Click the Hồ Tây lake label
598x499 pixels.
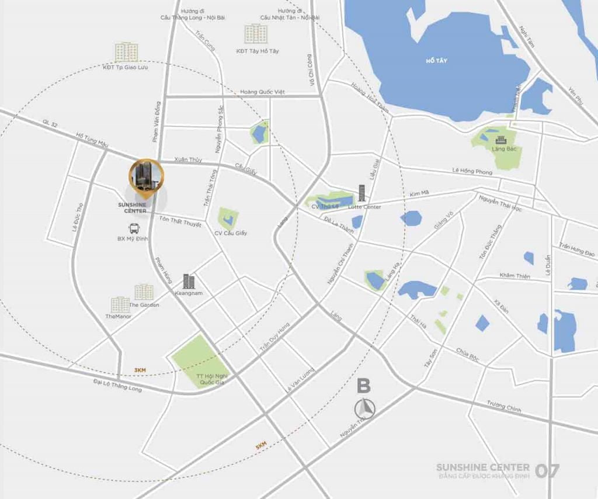coord(436,60)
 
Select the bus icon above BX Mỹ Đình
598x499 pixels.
coord(134,228)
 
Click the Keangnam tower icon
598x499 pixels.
coord(189,281)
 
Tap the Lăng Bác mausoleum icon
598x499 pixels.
coord(500,140)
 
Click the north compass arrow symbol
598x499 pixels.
coord(365,407)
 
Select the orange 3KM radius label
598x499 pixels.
coord(140,370)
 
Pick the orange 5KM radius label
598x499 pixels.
coord(260,446)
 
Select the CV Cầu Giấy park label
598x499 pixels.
coord(230,233)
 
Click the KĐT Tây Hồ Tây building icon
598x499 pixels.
coord(256,34)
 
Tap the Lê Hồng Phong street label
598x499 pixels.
coord(472,171)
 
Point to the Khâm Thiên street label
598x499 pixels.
coord(514,275)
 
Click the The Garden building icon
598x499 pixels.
coord(144,292)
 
